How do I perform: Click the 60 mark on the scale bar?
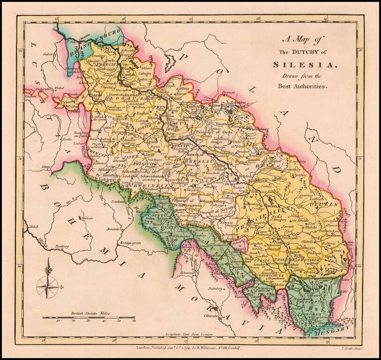pos(134,322)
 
